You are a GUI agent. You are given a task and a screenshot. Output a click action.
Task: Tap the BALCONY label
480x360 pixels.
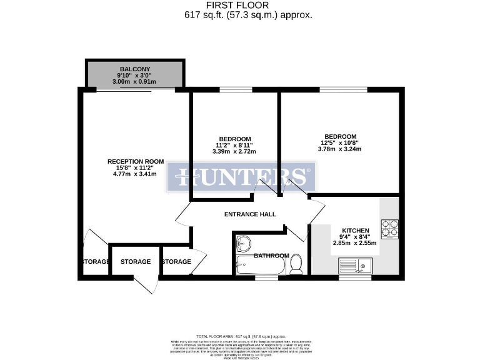135,69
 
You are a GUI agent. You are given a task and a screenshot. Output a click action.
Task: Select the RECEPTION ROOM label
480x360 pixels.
135,161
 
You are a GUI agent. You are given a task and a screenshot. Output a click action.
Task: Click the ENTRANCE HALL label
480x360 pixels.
250,214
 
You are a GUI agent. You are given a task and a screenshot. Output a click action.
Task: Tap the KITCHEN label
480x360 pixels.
355,230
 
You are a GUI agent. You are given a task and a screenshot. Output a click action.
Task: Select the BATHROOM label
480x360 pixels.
271,256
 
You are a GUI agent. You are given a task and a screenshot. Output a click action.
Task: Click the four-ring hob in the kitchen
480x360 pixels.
389,229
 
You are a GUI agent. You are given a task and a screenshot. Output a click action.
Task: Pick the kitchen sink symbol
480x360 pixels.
354,266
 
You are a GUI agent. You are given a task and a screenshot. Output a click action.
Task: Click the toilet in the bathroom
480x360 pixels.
296,264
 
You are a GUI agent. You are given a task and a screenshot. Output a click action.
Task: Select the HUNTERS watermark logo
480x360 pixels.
241,178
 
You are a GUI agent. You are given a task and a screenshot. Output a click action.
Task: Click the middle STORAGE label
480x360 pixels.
136,261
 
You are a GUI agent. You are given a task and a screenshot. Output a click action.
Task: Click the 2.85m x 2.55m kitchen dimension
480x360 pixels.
354,242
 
